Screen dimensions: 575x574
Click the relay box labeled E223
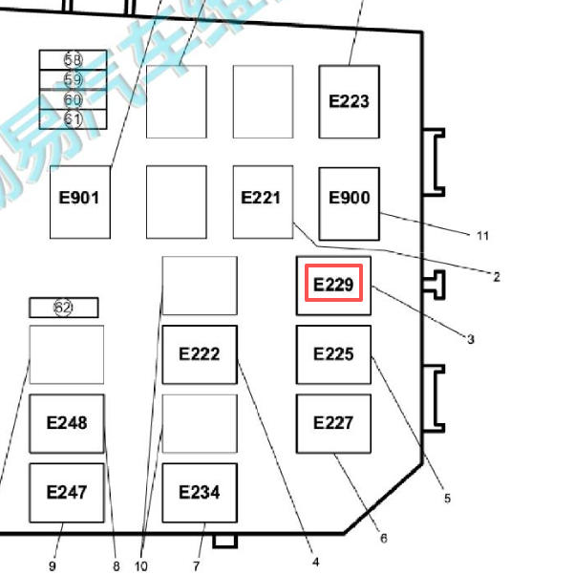coord(349,101)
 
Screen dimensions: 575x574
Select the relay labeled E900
coord(349,199)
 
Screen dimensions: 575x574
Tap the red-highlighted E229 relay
coord(333,285)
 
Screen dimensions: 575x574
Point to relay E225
coord(333,354)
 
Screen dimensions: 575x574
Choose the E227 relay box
coord(333,422)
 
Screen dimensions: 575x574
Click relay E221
coord(263,199)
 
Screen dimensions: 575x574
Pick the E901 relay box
coord(80,200)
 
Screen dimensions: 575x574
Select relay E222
coord(200,354)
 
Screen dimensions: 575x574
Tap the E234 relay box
coord(200,492)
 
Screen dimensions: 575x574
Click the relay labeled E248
coord(67,422)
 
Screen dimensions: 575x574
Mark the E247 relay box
coord(67,492)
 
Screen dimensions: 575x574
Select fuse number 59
coord(73,79)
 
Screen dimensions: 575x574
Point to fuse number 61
coord(73,119)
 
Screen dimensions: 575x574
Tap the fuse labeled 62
coord(63,308)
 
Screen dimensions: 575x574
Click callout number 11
coord(482,235)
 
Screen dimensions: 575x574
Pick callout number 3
coord(471,338)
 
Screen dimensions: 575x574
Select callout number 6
coord(383,539)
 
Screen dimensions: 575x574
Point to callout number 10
coord(141,566)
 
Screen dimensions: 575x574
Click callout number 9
coord(54,566)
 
